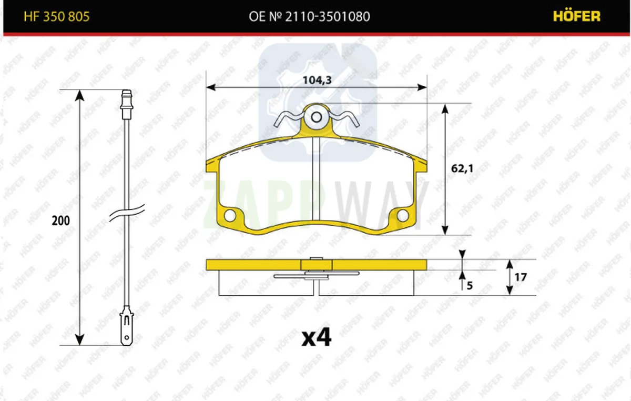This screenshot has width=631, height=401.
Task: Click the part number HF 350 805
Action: [x=57, y=17]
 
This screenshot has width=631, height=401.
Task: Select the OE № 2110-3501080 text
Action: [x=309, y=17]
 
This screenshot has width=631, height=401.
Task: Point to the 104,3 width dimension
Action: [x=317, y=81]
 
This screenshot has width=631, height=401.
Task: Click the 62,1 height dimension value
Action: [x=462, y=168]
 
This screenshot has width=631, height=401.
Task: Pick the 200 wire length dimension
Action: [x=60, y=220]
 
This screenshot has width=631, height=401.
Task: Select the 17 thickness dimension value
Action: [x=521, y=277]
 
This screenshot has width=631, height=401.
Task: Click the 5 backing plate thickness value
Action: [x=470, y=286]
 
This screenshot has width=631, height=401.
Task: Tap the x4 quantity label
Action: [x=317, y=337]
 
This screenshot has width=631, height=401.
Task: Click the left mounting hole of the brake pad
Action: [x=230, y=215]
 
